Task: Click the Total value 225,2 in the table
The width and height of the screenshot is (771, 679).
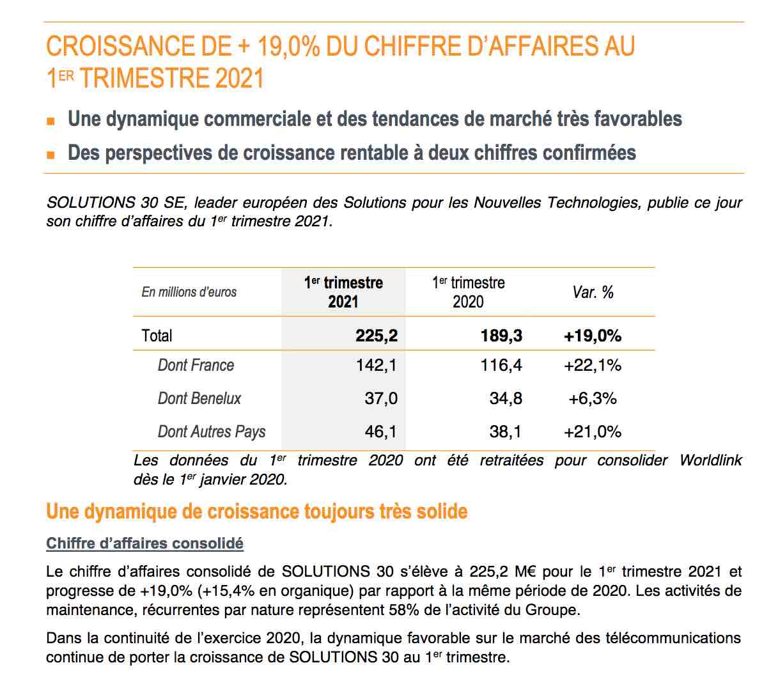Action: (x=377, y=336)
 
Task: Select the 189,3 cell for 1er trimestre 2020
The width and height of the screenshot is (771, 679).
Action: (x=501, y=336)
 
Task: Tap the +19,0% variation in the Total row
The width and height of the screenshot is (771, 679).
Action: (x=593, y=336)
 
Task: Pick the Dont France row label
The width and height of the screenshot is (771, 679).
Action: (x=196, y=365)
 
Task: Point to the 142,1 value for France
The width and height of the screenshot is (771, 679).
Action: (x=377, y=365)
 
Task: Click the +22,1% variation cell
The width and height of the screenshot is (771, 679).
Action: (x=593, y=365)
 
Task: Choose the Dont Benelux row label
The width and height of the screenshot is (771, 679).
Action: (x=199, y=398)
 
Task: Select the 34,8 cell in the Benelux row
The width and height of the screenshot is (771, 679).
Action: (x=506, y=398)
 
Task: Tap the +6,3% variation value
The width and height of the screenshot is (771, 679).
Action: (x=593, y=398)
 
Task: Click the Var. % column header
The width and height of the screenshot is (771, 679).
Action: (x=593, y=292)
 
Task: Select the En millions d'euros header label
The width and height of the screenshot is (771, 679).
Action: (x=189, y=292)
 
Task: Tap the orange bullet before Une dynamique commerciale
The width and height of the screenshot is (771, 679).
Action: (x=51, y=121)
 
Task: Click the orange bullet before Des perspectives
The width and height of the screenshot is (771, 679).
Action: (x=51, y=155)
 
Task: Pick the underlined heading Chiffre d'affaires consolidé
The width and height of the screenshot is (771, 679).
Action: (x=144, y=543)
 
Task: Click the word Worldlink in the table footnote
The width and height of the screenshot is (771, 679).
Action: (x=710, y=460)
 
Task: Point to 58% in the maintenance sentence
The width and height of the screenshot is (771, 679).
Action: (x=404, y=610)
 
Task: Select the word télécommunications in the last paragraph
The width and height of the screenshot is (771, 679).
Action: (x=673, y=637)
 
